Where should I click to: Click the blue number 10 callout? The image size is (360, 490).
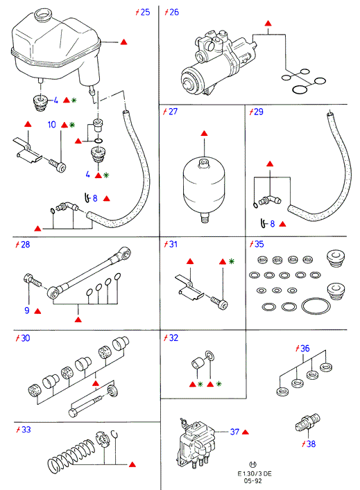point(51,125)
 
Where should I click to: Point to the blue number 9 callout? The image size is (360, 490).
point(27,310)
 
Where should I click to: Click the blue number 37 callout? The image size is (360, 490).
point(234,432)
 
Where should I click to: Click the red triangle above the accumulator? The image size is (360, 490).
point(204,134)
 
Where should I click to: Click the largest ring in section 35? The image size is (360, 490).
point(316,306)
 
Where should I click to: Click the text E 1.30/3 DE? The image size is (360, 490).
point(255,473)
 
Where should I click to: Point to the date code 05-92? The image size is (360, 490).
point(252,480)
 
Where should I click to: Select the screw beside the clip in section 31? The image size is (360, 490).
point(219,303)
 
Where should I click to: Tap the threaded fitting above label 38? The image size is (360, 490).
point(308,422)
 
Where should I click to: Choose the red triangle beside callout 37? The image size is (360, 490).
point(246,432)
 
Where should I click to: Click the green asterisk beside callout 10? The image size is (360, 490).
point(72,125)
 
